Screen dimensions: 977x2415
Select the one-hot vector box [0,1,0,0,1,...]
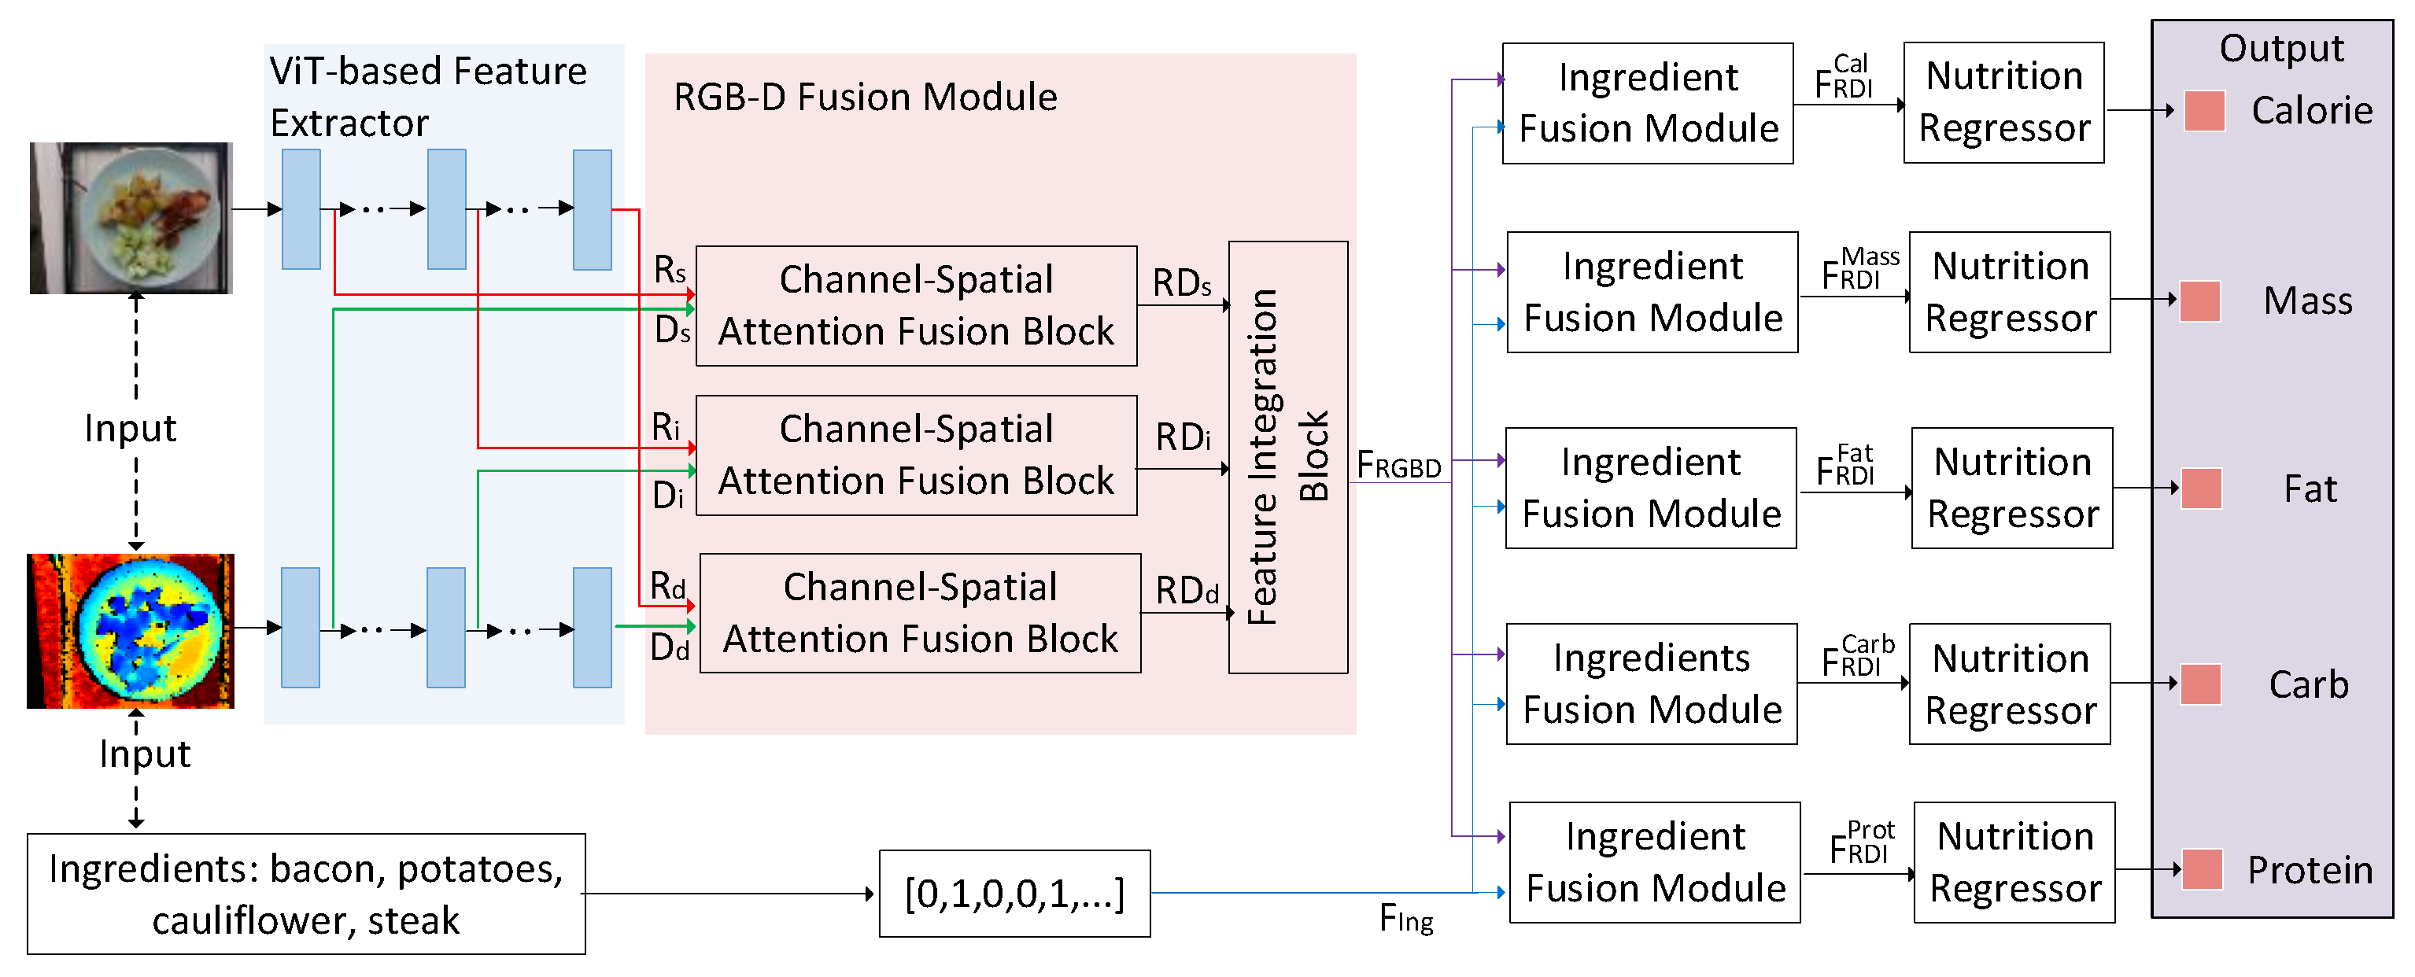pyautogui.click(x=1014, y=893)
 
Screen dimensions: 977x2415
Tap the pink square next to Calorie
pyautogui.click(x=2203, y=111)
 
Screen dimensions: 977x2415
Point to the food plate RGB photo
pyautogui.click(x=131, y=218)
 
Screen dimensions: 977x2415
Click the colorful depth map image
pyautogui.click(x=131, y=630)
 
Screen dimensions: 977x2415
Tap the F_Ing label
pyautogui.click(x=1405, y=919)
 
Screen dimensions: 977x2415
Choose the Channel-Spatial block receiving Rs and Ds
pyautogui.click(x=916, y=306)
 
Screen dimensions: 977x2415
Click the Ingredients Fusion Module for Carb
pyautogui.click(x=1651, y=684)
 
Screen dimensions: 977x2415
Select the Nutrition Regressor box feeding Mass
pyautogui.click(x=2009, y=293)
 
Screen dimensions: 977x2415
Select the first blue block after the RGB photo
pyautogui.click(x=301, y=209)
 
